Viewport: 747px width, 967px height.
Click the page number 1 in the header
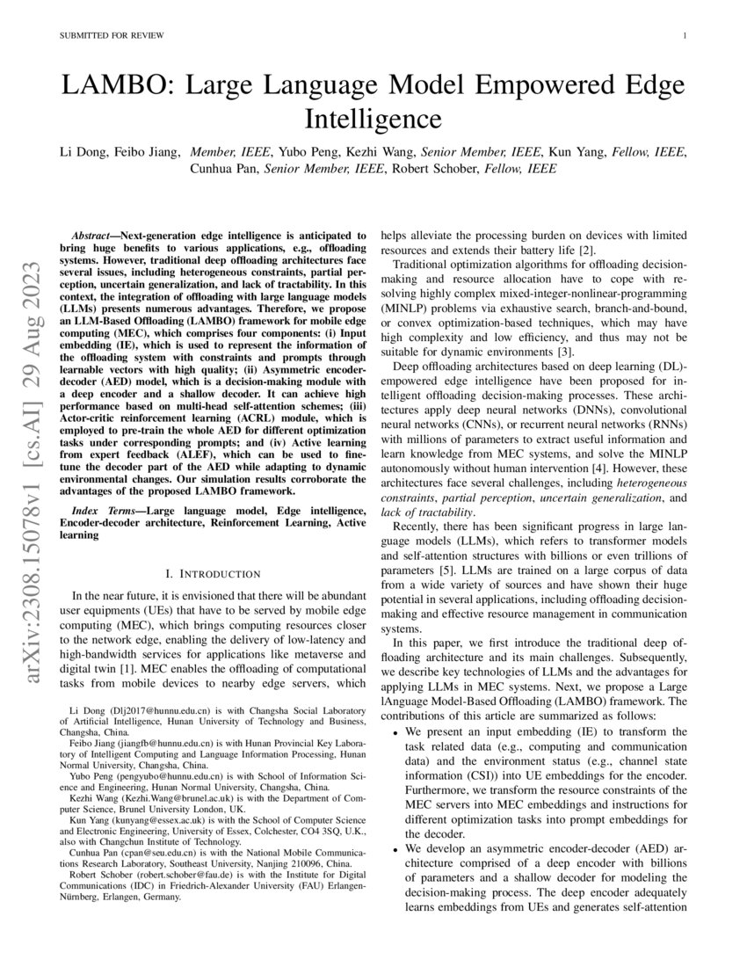tap(684, 36)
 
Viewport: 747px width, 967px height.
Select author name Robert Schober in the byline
tap(432, 169)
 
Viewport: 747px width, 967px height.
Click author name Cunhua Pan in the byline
tap(225, 169)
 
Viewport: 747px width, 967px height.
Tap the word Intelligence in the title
tap(373, 119)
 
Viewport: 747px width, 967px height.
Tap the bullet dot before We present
tap(397, 731)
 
